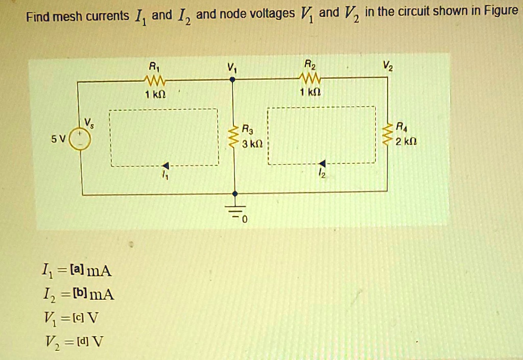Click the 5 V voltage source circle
(x=80, y=139)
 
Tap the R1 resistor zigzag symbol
(x=154, y=80)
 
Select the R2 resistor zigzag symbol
(x=310, y=79)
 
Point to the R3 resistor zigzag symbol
(x=234, y=136)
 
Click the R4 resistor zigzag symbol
(x=387, y=134)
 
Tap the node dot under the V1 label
(x=232, y=80)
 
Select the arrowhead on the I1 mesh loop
(x=166, y=165)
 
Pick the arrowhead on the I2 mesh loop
(x=322, y=163)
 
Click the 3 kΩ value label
(x=252, y=144)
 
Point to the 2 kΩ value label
(x=406, y=141)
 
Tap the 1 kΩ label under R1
(x=155, y=94)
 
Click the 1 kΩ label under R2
(x=311, y=92)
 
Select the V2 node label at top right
(x=388, y=66)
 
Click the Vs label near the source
(x=89, y=123)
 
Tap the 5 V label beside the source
(x=58, y=139)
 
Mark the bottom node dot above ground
(x=235, y=194)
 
